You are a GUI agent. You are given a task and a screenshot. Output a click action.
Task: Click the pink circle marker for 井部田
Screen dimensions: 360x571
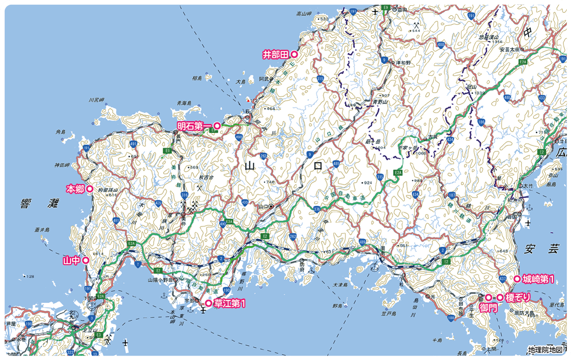tap(294, 55)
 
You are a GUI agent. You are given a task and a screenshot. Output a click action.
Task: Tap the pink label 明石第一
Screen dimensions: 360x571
tap(194, 126)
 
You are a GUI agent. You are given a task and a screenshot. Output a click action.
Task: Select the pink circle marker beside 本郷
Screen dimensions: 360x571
tap(89, 189)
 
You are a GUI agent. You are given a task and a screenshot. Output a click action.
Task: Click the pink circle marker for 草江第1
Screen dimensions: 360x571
tap(208, 303)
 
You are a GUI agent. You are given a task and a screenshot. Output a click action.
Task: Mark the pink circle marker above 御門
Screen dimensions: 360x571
tap(488, 298)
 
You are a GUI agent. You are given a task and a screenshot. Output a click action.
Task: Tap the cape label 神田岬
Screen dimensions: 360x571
tap(62, 165)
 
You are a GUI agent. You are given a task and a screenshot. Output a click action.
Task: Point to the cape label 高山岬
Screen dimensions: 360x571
tap(303, 14)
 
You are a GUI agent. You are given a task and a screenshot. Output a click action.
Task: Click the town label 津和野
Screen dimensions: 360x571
tap(403, 62)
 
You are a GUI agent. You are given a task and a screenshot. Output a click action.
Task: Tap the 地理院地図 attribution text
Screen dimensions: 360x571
tap(548, 350)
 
